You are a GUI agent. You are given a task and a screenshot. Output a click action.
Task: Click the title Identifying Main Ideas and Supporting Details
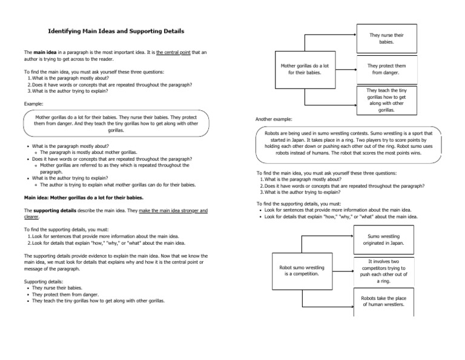tap(116, 31)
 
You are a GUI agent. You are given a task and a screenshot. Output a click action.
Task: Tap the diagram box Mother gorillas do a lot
tap(301, 70)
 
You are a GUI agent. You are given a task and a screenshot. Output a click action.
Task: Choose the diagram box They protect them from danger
tap(386, 70)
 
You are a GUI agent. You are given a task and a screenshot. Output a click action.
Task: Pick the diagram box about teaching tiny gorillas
tap(386, 101)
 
